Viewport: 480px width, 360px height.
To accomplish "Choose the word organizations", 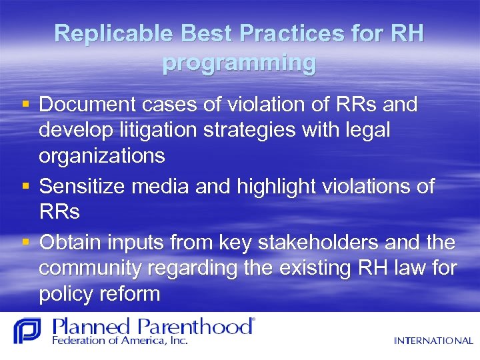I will (x=102, y=156).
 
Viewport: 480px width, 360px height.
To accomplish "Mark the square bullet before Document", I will (x=25, y=105).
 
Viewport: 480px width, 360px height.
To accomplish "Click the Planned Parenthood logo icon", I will (x=27, y=331).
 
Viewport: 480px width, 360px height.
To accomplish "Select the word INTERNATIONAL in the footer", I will (x=433, y=341).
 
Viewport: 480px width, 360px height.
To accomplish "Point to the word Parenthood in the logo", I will (x=196, y=327).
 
